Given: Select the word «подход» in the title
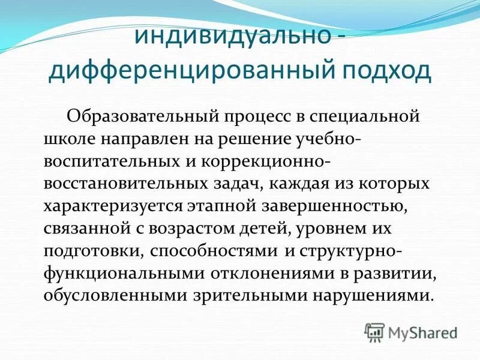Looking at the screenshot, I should (x=379, y=70).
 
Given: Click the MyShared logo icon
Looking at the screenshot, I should (x=374, y=331).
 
